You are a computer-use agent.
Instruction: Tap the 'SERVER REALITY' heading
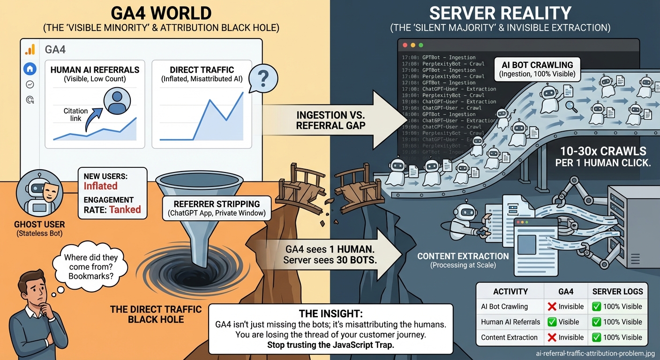500,13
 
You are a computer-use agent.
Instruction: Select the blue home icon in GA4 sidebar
30,69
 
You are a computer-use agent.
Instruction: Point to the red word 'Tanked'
125,210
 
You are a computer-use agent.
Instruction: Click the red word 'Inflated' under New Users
100,186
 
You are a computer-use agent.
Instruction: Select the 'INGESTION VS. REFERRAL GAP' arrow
331,119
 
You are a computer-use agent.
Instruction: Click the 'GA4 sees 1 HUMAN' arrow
330,254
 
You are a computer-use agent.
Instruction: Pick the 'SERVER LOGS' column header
617,292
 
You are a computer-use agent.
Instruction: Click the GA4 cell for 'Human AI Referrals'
566,322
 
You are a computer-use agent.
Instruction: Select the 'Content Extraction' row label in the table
509,337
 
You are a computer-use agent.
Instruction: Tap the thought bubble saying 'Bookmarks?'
90,267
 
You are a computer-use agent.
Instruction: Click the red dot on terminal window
404,45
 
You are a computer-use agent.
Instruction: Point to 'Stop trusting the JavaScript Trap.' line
330,345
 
